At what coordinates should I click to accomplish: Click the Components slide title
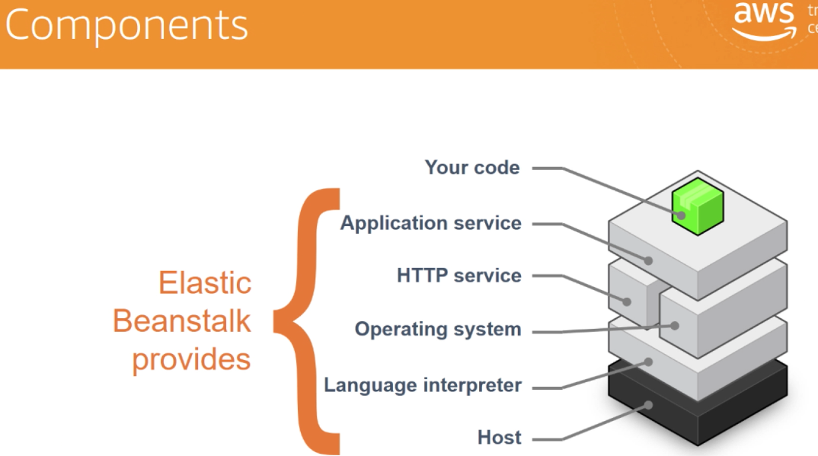126,24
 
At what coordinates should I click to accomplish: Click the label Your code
472,167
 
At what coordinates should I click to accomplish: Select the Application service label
430,223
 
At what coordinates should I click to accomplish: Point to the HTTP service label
459,276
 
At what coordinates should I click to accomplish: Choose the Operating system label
438,330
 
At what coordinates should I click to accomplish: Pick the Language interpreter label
423,385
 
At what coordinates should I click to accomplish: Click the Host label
499,438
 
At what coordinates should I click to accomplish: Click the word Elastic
204,283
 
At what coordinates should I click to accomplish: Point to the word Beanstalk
181,320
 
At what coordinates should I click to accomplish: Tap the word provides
191,359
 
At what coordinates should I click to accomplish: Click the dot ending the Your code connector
683,215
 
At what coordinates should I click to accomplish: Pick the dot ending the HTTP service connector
628,301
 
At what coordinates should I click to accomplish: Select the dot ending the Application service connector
648,260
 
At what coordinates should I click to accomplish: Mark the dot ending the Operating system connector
675,326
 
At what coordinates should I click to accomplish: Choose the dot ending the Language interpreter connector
649,362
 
